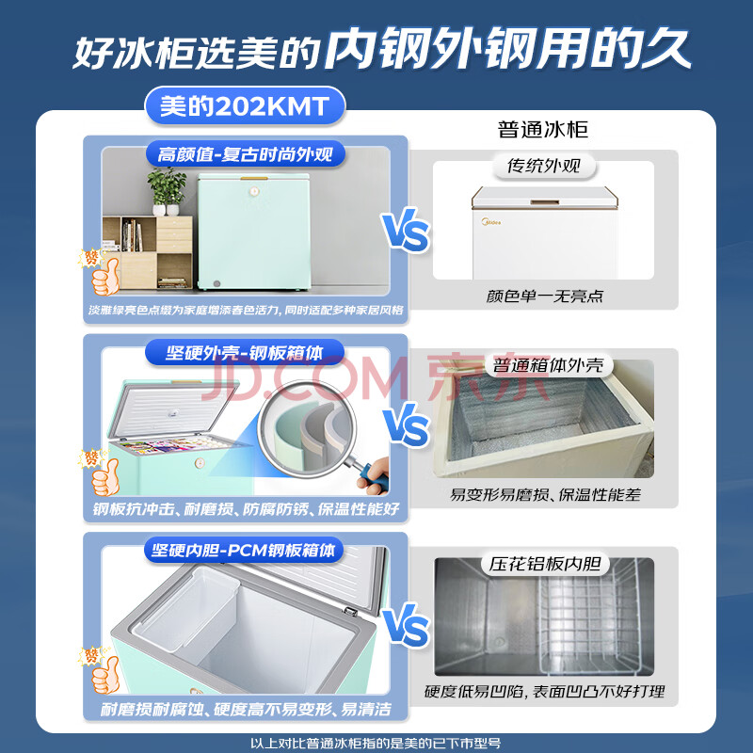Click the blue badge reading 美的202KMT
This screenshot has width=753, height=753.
[x=245, y=106]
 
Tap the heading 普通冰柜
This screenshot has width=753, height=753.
[x=543, y=130]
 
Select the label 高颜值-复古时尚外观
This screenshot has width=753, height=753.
[x=245, y=154]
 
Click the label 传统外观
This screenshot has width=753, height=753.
[x=544, y=167]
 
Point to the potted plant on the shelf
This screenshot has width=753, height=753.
[x=167, y=191]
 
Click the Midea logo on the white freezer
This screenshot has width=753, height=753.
[x=491, y=222]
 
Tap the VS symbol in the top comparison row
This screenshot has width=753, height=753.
[x=406, y=230]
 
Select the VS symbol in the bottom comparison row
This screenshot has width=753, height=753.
[x=407, y=625]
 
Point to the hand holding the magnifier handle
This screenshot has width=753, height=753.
[x=374, y=476]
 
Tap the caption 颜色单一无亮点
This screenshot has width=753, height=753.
[x=544, y=296]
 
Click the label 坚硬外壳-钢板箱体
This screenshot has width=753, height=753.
[x=245, y=353]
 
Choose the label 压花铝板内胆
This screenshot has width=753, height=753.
[x=545, y=564]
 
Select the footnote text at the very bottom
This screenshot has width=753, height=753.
[x=376, y=744]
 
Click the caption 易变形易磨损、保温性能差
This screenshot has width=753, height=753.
[x=545, y=495]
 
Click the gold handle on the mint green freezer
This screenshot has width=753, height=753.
[x=254, y=178]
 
